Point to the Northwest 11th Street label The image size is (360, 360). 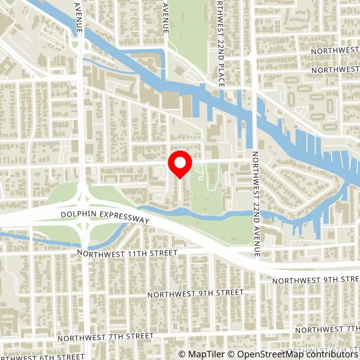127,253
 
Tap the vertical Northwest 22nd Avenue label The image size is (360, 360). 256,203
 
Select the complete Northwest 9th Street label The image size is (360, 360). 196,293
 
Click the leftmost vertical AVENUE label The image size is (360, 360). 79,17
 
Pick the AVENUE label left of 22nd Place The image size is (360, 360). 166,17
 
